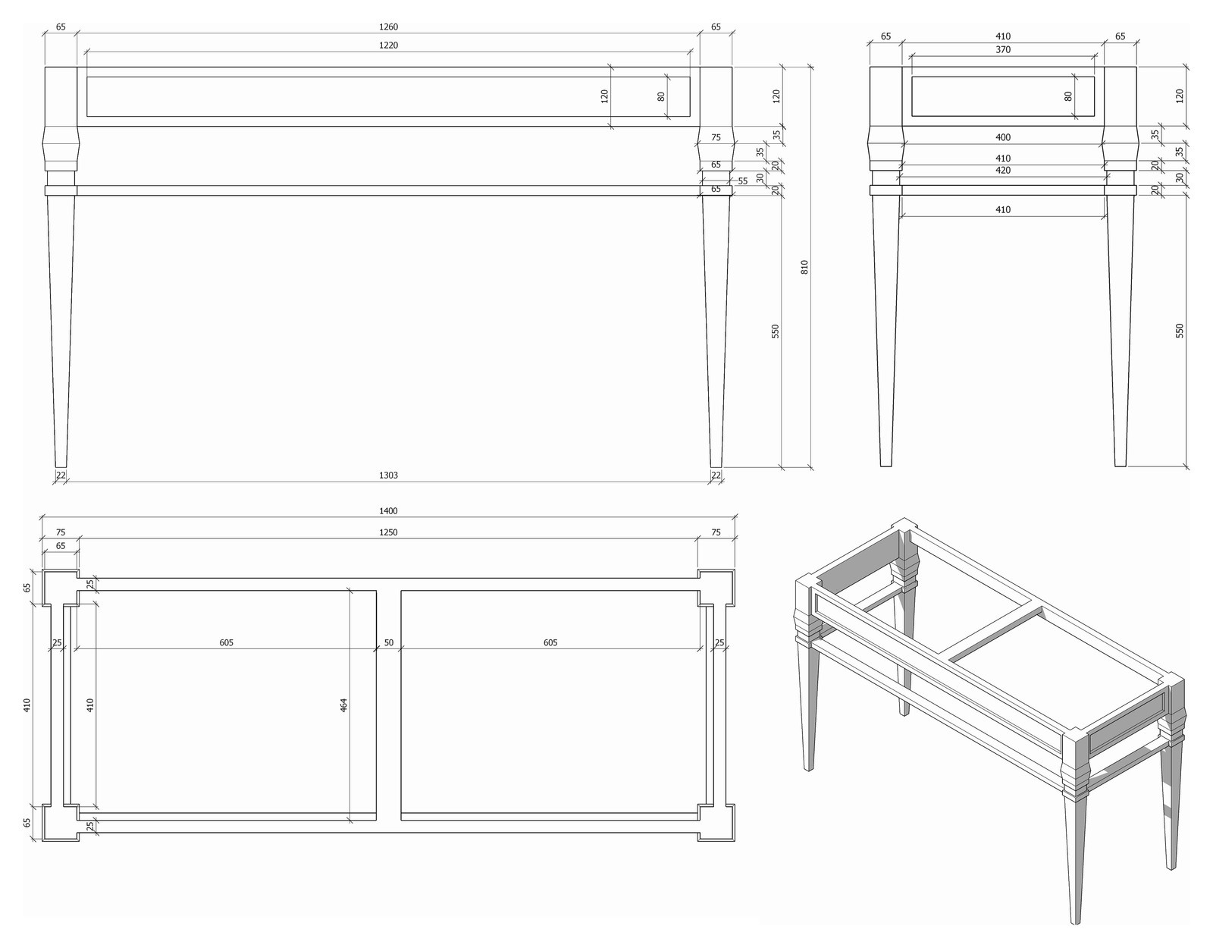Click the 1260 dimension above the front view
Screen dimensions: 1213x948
(x=388, y=27)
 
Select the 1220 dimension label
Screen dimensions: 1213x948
(x=388, y=46)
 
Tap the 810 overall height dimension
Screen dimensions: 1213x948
(x=804, y=267)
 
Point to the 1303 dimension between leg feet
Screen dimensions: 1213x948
(x=388, y=475)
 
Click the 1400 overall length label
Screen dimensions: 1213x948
(x=388, y=511)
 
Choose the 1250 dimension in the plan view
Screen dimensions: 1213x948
(x=388, y=532)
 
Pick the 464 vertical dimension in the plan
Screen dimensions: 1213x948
(x=344, y=705)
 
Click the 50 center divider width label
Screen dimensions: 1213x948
(x=388, y=642)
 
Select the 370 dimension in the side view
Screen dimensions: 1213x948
(x=1002, y=50)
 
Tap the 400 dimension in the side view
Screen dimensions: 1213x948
(x=1002, y=137)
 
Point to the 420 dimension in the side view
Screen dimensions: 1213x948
(x=1002, y=171)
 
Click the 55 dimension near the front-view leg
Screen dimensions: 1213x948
(x=742, y=181)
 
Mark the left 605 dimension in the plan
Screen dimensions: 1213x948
(x=226, y=642)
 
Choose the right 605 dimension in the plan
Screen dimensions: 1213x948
(x=550, y=642)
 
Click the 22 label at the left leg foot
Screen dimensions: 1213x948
(x=61, y=475)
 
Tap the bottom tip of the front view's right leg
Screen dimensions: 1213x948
(x=716, y=467)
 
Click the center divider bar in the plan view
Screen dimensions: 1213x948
(x=388, y=705)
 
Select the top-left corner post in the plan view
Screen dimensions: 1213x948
(x=61, y=587)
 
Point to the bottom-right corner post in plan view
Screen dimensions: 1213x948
(x=716, y=823)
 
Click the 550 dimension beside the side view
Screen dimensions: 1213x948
(x=1180, y=331)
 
